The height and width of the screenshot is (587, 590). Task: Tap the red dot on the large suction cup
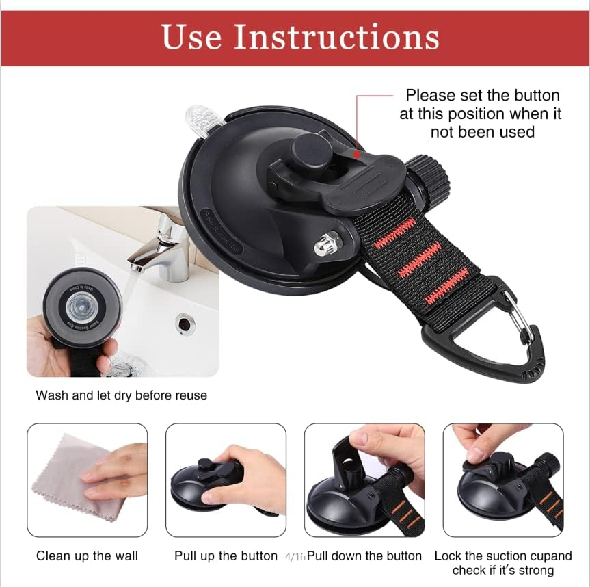coord(356,155)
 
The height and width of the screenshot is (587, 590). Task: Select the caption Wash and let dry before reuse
coord(121,395)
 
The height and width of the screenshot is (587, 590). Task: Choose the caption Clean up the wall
coord(87,556)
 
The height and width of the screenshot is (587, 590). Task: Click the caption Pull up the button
coord(226,556)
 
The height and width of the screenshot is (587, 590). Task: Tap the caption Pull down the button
coord(364,556)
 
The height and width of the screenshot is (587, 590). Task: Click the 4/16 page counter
coord(295,557)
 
